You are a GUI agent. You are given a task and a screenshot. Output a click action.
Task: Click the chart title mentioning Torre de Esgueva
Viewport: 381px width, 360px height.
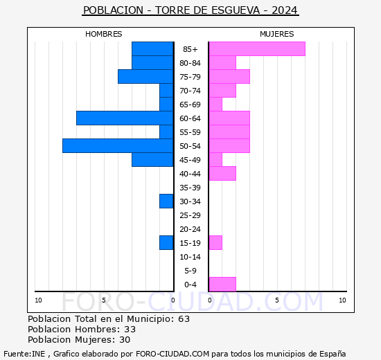(x=190, y=10)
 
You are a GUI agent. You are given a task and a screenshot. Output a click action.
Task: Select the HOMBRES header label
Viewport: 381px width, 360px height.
(x=104, y=34)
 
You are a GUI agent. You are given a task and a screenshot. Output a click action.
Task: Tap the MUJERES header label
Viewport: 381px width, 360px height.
(x=277, y=34)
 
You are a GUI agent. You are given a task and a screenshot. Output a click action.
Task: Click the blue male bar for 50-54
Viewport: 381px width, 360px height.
(x=118, y=145)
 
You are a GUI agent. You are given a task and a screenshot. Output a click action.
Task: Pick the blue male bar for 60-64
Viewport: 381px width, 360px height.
(x=125, y=118)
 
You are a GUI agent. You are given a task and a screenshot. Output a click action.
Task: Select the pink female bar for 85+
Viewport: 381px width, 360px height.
(x=256, y=48)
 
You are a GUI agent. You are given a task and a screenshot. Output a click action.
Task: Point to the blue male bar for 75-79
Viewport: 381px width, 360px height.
(x=145, y=76)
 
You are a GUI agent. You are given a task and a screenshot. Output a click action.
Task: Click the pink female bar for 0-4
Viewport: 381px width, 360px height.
(x=222, y=284)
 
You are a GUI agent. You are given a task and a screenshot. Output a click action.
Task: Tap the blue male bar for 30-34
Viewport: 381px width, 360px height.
(x=166, y=201)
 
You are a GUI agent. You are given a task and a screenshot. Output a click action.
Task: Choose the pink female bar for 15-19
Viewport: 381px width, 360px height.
(x=215, y=242)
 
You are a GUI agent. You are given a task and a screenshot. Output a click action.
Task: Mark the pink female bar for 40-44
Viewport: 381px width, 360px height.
(x=222, y=173)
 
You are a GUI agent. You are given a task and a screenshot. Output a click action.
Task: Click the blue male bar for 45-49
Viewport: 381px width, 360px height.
(x=152, y=159)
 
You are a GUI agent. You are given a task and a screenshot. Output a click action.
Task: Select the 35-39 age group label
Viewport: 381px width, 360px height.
(x=190, y=188)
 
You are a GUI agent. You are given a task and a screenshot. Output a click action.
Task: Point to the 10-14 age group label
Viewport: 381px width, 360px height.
(x=190, y=257)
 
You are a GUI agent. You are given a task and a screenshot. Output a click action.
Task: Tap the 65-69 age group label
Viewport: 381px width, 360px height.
(x=190, y=105)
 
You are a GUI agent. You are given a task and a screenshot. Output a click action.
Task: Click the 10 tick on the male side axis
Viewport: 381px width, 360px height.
(x=38, y=300)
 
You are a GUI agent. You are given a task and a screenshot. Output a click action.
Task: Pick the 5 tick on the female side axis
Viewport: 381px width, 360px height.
(x=276, y=300)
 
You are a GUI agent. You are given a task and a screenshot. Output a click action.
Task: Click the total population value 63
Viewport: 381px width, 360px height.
(x=184, y=319)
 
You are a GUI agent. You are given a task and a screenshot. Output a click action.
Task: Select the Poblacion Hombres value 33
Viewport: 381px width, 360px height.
(x=130, y=330)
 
